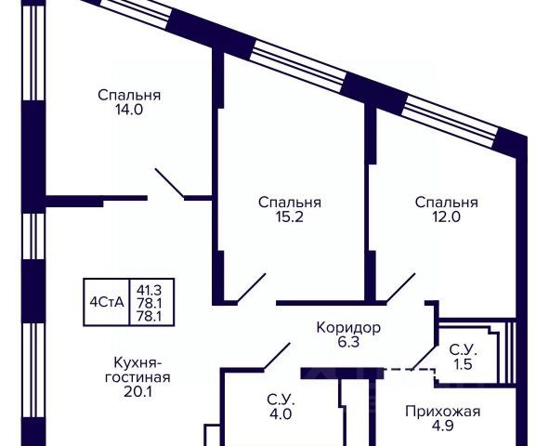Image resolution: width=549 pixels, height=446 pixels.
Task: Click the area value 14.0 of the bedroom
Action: pos(129,110)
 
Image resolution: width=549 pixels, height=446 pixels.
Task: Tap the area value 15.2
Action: pos(289,217)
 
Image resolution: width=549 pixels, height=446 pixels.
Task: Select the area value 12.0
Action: pos(447,217)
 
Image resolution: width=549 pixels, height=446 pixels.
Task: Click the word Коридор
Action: pos(348,328)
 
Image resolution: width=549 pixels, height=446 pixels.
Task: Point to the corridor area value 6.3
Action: pos(348,342)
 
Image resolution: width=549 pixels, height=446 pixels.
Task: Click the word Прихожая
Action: pos(442,412)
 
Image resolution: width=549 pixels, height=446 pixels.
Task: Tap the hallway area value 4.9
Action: pos(443,426)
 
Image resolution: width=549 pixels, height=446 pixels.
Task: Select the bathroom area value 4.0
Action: pos(281,414)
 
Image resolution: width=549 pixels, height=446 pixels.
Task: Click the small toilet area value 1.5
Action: pos(464,364)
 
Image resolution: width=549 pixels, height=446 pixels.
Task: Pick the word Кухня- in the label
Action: pos(137,362)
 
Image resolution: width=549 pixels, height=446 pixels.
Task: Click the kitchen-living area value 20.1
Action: pos(137,392)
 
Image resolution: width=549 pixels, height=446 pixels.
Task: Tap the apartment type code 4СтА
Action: pos(107,302)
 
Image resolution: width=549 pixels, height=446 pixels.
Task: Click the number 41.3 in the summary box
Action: pos(150,290)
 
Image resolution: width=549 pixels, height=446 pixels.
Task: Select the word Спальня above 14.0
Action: pos(129,95)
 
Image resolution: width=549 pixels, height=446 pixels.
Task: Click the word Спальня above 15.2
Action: pos(290,203)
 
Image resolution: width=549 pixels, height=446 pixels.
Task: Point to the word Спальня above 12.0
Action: pos(447,203)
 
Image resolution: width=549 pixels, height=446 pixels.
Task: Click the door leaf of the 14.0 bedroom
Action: pos(170,183)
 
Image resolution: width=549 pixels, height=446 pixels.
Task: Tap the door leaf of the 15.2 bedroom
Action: pos(251,288)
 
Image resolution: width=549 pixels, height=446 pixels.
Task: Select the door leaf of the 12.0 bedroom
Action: pos(400,288)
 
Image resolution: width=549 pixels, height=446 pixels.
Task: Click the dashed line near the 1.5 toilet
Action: pos(410,369)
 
